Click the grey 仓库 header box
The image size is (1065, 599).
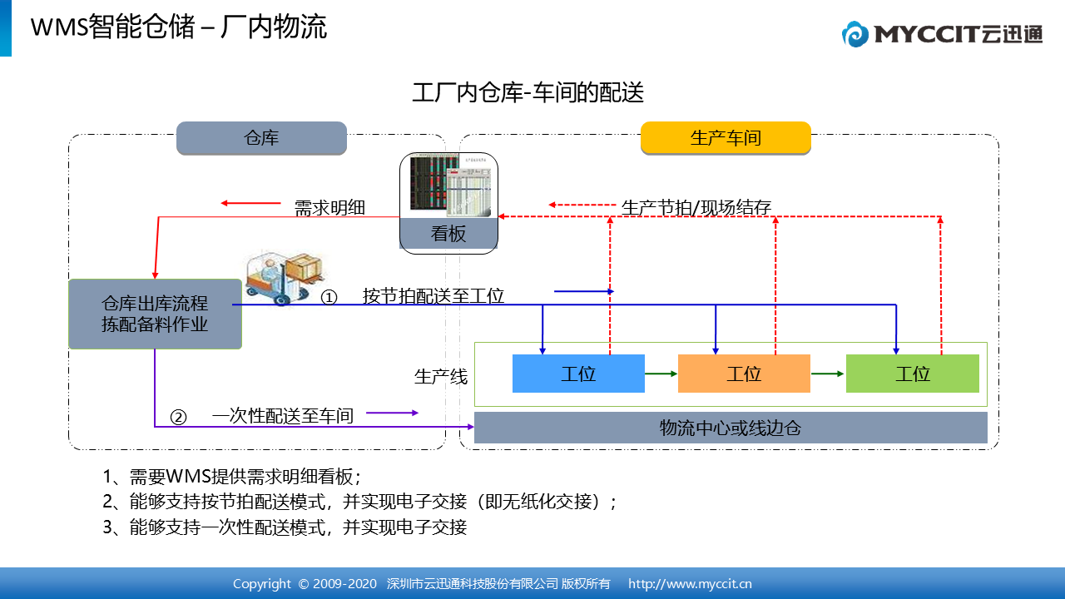click(x=261, y=138)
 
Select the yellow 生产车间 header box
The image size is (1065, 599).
click(x=726, y=138)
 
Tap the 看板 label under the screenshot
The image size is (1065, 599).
click(x=448, y=234)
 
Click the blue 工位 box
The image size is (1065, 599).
click(x=578, y=374)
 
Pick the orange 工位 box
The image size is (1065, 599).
click(x=744, y=374)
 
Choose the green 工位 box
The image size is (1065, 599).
click(x=913, y=374)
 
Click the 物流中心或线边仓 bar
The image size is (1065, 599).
click(x=731, y=428)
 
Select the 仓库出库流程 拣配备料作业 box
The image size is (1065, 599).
click(x=155, y=314)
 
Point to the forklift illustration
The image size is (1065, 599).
click(x=285, y=278)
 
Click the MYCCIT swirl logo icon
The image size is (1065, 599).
click(x=855, y=34)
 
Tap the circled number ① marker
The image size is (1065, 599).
click(x=329, y=298)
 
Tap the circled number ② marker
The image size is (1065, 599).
click(x=178, y=418)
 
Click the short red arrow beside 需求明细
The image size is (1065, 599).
click(x=250, y=204)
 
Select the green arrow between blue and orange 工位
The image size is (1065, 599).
click(x=661, y=374)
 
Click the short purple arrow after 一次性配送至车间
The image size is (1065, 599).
click(x=392, y=413)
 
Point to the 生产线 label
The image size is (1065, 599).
click(x=441, y=377)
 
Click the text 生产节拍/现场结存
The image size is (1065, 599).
click(x=696, y=208)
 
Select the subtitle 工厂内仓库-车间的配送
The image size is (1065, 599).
click(x=528, y=92)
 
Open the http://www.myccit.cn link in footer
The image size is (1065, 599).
click(x=690, y=584)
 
